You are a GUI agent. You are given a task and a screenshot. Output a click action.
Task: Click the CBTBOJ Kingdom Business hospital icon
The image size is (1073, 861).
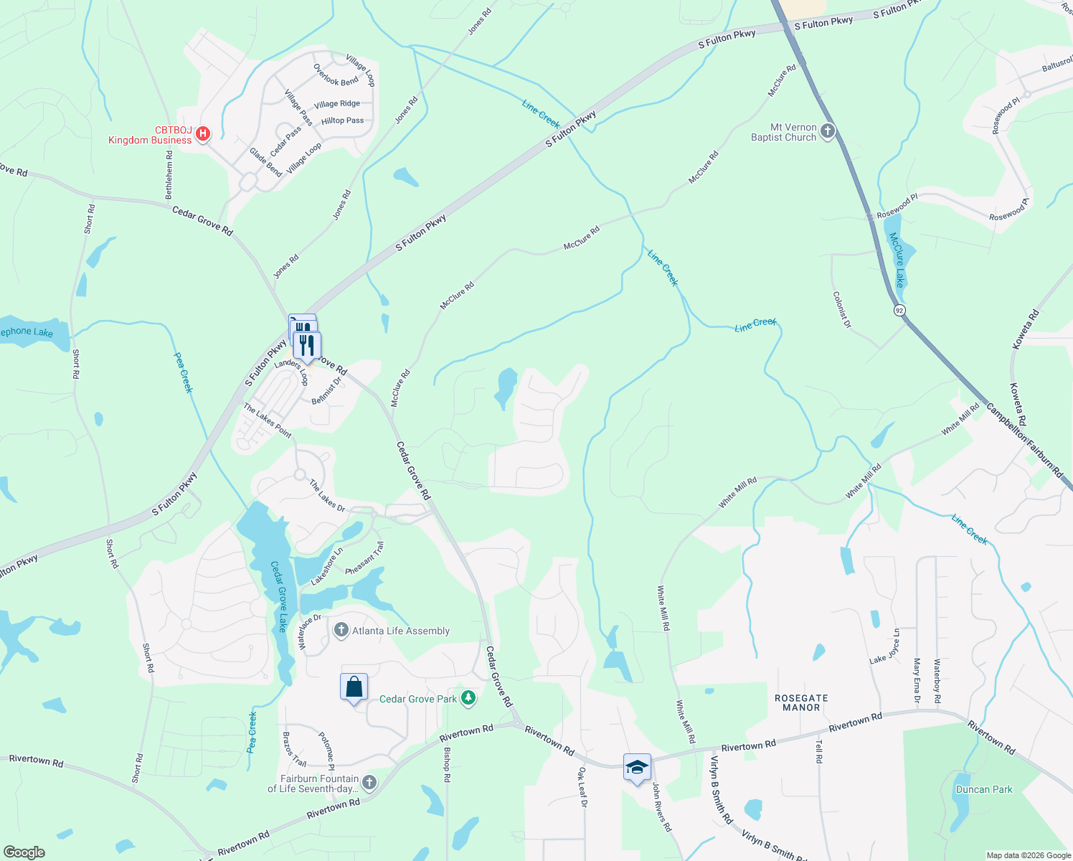(x=203, y=133)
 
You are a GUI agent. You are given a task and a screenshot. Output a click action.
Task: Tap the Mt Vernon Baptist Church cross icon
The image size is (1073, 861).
(x=828, y=131)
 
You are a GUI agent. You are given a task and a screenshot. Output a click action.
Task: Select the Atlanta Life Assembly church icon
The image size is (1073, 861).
(x=341, y=631)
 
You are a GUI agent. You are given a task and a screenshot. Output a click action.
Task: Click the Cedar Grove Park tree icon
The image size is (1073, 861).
(x=468, y=698)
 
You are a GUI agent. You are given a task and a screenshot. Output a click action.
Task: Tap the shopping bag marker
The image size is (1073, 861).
(x=354, y=687)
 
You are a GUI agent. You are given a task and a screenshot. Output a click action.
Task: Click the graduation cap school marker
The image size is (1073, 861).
(x=637, y=768)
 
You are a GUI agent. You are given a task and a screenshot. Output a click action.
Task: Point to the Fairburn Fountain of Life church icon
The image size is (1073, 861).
(x=369, y=783)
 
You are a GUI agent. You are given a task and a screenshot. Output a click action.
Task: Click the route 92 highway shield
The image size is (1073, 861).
(x=899, y=311)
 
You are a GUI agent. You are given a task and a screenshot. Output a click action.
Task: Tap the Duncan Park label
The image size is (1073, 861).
(x=984, y=789)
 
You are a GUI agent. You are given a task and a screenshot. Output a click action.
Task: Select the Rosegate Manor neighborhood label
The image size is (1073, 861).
(x=801, y=702)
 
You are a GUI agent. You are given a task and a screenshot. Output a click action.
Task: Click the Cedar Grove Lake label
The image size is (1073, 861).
(x=280, y=596)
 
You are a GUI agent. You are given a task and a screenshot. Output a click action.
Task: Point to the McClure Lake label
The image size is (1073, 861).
(x=897, y=260)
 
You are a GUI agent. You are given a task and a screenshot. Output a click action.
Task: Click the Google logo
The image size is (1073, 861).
(x=24, y=852)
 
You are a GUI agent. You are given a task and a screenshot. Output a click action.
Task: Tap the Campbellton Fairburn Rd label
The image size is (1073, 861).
(x=1024, y=441)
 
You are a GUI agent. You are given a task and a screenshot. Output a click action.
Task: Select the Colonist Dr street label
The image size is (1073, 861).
(x=842, y=309)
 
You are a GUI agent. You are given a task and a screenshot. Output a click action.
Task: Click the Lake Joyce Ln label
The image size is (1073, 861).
(x=885, y=646)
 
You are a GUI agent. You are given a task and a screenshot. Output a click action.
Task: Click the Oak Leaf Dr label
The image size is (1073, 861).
(x=582, y=787)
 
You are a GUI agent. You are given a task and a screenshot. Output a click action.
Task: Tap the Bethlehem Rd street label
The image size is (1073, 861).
(x=170, y=175)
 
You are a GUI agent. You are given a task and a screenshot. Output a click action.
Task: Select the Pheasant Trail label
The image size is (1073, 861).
(x=365, y=558)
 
